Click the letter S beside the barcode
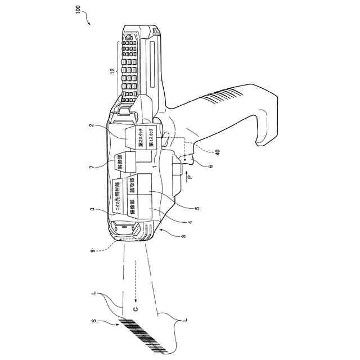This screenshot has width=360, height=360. [x=94, y=321]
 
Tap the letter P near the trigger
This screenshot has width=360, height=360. [x=188, y=177]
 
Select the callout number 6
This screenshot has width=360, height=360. [x=210, y=167]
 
